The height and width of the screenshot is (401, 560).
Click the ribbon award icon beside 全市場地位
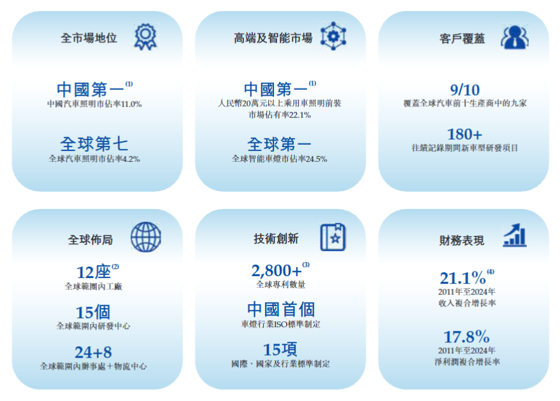pos(145,37)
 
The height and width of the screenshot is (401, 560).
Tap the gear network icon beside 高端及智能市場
pos(333,36)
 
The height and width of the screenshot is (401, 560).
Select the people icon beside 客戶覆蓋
pos(514,37)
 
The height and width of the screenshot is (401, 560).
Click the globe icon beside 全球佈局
pos(146,237)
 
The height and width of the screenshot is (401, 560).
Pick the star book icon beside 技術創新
pos(333,237)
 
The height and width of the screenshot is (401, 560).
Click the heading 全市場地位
pos(89,38)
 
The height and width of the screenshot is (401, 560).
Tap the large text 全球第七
pos(94,143)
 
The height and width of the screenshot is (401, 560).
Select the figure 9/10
pos(465,89)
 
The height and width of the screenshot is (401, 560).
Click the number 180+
pos(465,135)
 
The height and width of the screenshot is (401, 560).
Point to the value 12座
pos(93,272)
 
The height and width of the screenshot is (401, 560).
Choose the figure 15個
pos(93,312)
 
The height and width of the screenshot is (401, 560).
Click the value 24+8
pos(93,352)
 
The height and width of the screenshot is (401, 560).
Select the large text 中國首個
pos(281,310)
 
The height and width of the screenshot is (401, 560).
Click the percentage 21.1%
pos(463,278)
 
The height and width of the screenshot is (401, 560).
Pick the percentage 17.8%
pos(466,336)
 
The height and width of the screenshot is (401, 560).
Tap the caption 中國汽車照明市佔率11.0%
pos(94,103)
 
